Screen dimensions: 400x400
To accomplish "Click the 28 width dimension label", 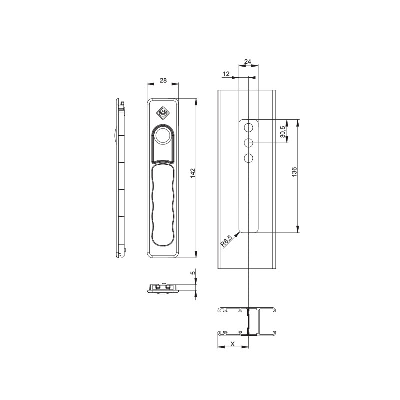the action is (163, 80).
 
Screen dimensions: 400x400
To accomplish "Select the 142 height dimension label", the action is (193, 173).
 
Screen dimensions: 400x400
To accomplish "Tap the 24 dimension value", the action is (248, 61).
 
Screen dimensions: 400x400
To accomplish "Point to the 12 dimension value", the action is (226, 74).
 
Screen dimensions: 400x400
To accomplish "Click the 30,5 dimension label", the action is (283, 131).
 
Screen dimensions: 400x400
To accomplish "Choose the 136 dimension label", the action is (294, 172).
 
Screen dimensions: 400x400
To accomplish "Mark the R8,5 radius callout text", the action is (227, 241).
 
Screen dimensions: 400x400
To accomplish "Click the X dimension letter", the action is (232, 344).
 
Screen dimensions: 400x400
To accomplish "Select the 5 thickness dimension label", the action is (193, 272).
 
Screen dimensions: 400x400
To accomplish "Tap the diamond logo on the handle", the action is (163, 113).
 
